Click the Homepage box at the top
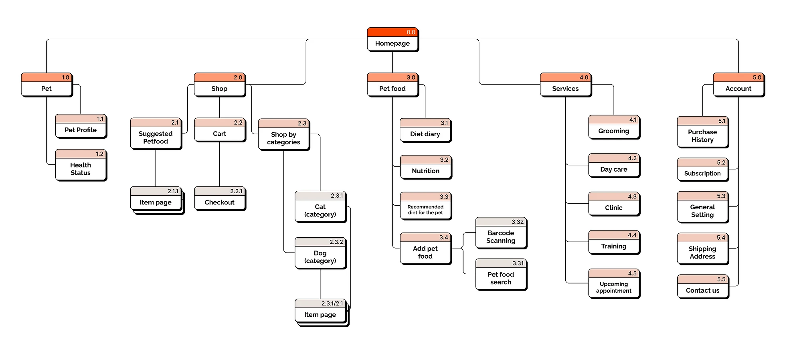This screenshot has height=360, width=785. point(392,43)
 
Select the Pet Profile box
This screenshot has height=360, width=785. point(81,130)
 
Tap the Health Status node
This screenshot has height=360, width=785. point(81,169)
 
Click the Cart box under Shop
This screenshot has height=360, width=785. point(220,134)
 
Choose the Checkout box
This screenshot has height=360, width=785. point(220,202)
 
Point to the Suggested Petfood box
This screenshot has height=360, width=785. point(156,138)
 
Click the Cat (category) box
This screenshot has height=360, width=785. point(320,210)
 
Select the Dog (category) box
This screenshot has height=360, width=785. point(320,257)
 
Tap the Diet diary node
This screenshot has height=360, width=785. point(425,134)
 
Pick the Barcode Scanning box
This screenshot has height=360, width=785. point(501,237)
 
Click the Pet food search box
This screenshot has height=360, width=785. point(501,278)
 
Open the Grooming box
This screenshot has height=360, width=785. point(614,131)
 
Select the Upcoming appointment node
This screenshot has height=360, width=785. point(614,287)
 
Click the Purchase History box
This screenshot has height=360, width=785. point(702,136)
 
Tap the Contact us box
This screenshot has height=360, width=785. point(702,290)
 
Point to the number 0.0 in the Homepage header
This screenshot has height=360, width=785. point(411,32)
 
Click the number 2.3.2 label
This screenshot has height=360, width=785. point(336,242)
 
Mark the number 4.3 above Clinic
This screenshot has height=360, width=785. point(632,196)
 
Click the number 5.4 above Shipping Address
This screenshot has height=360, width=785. point(721,238)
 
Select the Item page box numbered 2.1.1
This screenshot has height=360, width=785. point(156,202)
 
